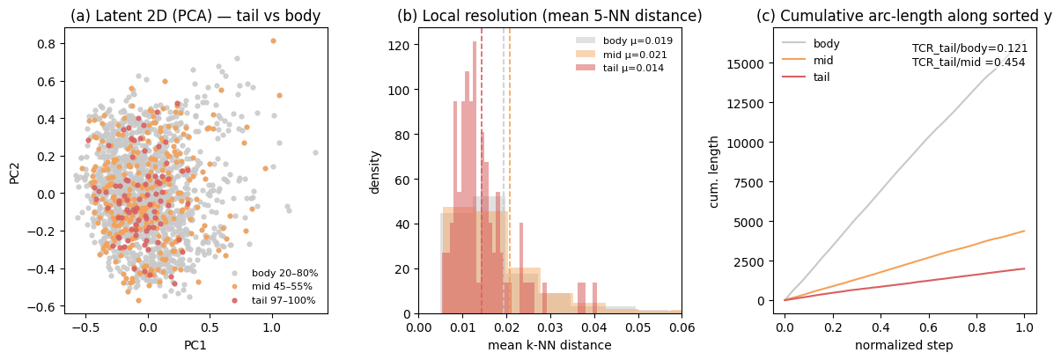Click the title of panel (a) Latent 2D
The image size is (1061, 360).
(195, 16)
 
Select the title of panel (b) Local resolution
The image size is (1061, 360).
(549, 16)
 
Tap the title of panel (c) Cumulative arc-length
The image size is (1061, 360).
(903, 16)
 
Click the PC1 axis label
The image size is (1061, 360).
(195, 345)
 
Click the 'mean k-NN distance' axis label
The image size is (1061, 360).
(549, 345)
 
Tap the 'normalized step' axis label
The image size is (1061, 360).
(903, 345)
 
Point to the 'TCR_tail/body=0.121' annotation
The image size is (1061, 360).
(969, 48)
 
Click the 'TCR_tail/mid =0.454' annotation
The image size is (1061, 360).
(969, 62)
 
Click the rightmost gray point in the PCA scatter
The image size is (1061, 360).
(315, 152)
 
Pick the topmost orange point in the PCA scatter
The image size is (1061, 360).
(273, 40)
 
